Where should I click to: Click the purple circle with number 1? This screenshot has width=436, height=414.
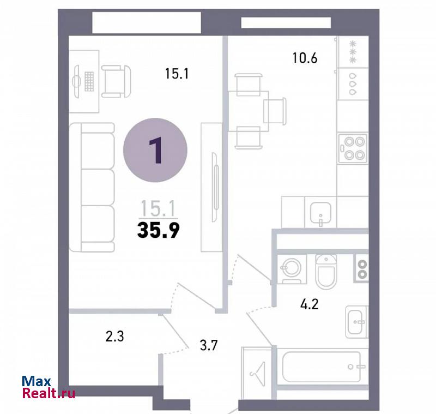[x=155, y=150]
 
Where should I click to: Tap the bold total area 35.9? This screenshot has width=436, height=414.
[x=159, y=231]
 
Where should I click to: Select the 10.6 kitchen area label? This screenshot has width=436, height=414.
[x=305, y=58]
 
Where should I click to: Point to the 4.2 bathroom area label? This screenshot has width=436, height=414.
[x=309, y=304]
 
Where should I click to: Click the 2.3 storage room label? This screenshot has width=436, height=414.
[x=114, y=336]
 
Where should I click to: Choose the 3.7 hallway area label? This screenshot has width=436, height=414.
[x=209, y=346]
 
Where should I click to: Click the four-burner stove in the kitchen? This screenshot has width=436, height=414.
[x=353, y=148]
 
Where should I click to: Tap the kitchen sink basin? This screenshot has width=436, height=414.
[x=320, y=213]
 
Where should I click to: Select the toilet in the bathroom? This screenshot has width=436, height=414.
[x=326, y=271]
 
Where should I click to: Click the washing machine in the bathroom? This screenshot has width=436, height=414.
[x=292, y=269]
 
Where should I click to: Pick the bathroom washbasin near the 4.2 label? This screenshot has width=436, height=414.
[x=356, y=322]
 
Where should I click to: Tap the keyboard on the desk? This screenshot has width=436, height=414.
[x=89, y=81]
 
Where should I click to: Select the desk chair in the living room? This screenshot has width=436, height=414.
[x=116, y=81]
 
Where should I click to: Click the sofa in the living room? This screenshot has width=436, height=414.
[x=92, y=188]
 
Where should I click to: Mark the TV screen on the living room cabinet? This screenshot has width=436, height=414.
[x=215, y=187]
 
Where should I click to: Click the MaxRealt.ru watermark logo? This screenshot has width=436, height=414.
[x=49, y=387]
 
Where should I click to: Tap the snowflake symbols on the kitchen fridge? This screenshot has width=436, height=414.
[x=353, y=52]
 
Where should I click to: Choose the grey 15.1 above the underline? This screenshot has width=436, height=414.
[x=158, y=208]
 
